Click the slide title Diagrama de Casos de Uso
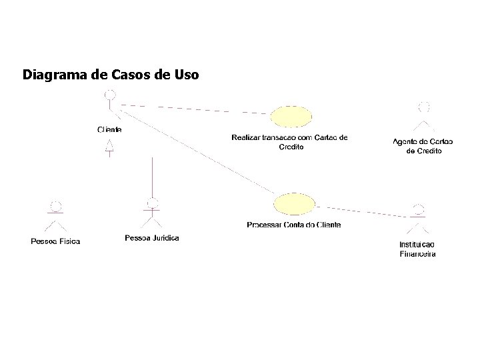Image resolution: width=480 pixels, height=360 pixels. click(x=110, y=74)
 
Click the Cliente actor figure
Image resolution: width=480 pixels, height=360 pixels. click(x=110, y=107)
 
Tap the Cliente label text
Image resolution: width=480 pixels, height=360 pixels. click(x=109, y=129)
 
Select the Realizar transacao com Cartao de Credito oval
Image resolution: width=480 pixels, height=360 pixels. click(x=291, y=116)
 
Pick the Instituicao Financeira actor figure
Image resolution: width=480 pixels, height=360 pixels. click(x=418, y=220)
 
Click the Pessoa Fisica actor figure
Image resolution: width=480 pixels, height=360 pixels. click(x=57, y=217)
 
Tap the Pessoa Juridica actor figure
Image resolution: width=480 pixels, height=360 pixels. click(x=153, y=215)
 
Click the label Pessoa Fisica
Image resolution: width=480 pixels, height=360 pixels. click(x=56, y=241)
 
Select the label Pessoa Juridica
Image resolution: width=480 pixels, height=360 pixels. click(x=152, y=238)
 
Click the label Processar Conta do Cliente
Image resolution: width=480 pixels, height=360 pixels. click(x=293, y=225)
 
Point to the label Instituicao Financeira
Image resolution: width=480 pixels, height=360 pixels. click(x=417, y=249)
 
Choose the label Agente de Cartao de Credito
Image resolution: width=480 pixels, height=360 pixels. click(x=423, y=145)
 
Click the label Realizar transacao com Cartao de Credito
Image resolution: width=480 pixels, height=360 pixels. click(x=290, y=142)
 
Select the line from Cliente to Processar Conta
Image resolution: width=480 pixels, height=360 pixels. click(x=193, y=153)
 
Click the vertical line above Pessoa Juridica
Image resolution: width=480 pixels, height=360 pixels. click(x=153, y=177)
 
